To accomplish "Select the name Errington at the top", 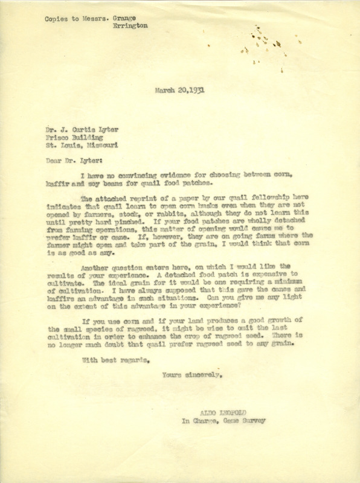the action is (129, 26).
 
